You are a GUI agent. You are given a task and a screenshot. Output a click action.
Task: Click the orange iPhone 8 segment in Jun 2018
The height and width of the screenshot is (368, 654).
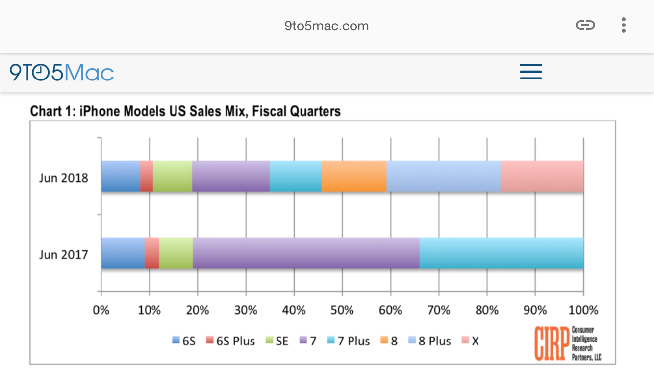point(354,177)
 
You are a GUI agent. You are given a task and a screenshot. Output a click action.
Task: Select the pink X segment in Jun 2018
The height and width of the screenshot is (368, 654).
point(542,177)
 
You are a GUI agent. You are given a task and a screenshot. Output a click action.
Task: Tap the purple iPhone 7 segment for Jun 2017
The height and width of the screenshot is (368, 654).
point(306,253)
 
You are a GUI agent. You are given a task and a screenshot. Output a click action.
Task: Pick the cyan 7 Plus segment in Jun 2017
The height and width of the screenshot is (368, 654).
point(501,253)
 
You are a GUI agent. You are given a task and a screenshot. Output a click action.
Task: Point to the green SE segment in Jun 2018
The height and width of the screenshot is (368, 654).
point(172,177)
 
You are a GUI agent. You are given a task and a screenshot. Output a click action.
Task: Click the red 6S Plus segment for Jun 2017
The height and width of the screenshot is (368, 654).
point(151,253)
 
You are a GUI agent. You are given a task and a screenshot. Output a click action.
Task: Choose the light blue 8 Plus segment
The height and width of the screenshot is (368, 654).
point(443,177)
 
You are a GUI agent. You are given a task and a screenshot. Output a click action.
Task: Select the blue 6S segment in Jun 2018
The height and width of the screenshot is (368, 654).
point(121,177)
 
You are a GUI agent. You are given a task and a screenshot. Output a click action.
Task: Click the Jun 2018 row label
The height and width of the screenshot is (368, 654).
point(64,178)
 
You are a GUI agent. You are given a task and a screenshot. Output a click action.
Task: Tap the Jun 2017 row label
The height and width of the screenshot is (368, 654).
point(64,254)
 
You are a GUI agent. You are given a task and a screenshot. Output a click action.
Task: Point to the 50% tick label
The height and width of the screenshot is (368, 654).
point(342,310)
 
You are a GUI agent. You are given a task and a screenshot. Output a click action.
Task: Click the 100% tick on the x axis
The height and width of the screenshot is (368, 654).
point(583,310)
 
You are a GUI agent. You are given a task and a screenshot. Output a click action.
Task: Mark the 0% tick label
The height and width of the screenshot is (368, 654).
point(101,310)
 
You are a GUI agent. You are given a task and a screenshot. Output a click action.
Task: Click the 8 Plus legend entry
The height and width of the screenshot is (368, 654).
point(429,341)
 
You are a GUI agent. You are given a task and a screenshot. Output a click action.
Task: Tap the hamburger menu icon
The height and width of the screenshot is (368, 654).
point(530,72)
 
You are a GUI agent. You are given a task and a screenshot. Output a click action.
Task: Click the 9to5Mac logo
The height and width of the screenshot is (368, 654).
point(62,73)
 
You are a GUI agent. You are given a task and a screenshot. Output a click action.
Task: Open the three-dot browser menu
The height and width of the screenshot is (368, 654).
point(623,25)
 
